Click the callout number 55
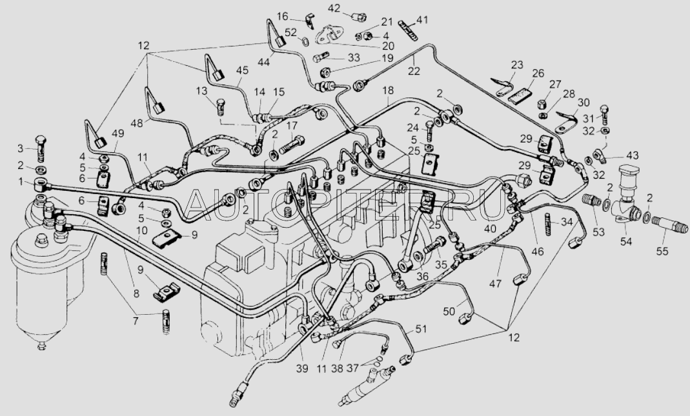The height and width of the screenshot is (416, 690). pos(662,251)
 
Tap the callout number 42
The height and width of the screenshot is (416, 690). pos(334,8)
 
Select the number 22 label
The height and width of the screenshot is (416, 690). pos(414,70)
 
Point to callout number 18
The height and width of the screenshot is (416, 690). pos(388,91)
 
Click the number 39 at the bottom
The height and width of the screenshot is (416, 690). pos(302,369)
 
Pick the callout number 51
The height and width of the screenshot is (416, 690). pos(421,330)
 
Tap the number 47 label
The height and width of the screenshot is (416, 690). pos(496,284)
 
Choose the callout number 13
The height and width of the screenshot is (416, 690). pos(201,91)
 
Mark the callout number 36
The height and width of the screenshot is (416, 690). pos(423,277)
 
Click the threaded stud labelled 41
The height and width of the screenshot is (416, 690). pos(408,30)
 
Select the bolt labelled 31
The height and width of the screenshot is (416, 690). pos(604,114)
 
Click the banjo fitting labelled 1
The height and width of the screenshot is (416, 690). pos(40,185)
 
